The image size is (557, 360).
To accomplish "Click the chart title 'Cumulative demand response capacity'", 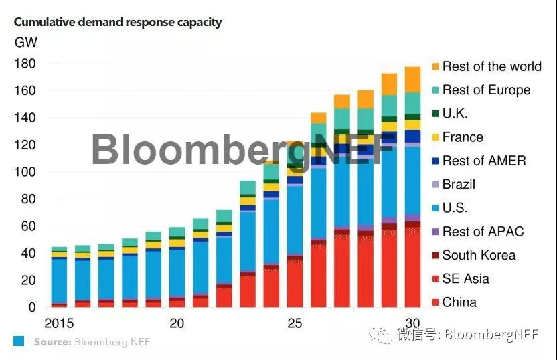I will coord(118,22).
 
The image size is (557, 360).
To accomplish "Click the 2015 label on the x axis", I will coord(60,323).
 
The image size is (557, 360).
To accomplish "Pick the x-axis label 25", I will coord(295,323).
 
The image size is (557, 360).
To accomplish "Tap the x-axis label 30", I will coord(413,323).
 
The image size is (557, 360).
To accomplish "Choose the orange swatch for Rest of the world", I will coord(436,66).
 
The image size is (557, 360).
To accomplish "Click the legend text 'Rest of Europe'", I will coord(486,90).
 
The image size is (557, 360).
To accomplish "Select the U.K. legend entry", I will coord(455,114).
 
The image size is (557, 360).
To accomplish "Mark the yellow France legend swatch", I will coord(436,137).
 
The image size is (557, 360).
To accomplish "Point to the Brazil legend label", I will coord(459,184).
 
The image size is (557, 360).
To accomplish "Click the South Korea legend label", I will coord(479,255).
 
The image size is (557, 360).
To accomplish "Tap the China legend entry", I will coord(459,302).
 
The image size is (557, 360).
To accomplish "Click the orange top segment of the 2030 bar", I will coord(413,79).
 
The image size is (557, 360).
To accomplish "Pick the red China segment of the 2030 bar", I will coord(413,268).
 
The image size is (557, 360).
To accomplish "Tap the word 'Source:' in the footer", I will coord(53,342).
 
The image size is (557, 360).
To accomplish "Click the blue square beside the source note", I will coord(19,341).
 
